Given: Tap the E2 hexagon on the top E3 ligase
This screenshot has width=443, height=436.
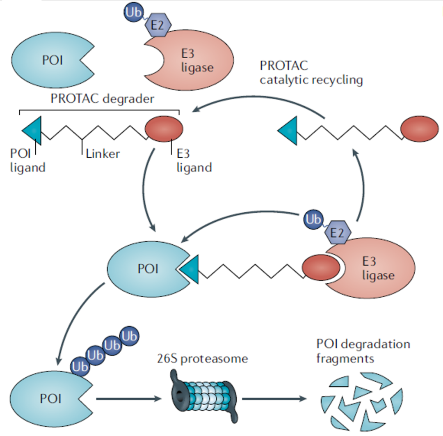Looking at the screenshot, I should pyautogui.click(x=158, y=25).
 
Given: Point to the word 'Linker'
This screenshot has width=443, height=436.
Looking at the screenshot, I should pyautogui.click(x=103, y=154).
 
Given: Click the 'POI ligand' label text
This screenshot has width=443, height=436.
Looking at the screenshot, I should pyautogui.click(x=27, y=161).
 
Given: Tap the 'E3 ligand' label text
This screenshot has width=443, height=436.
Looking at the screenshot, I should pyautogui.click(x=194, y=161).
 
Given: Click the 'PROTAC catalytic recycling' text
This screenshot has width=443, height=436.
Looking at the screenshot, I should pyautogui.click(x=311, y=73).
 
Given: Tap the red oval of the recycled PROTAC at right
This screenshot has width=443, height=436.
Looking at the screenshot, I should pyautogui.click(x=419, y=130).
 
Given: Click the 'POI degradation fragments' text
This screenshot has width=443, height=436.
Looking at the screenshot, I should pyautogui.click(x=363, y=351).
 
